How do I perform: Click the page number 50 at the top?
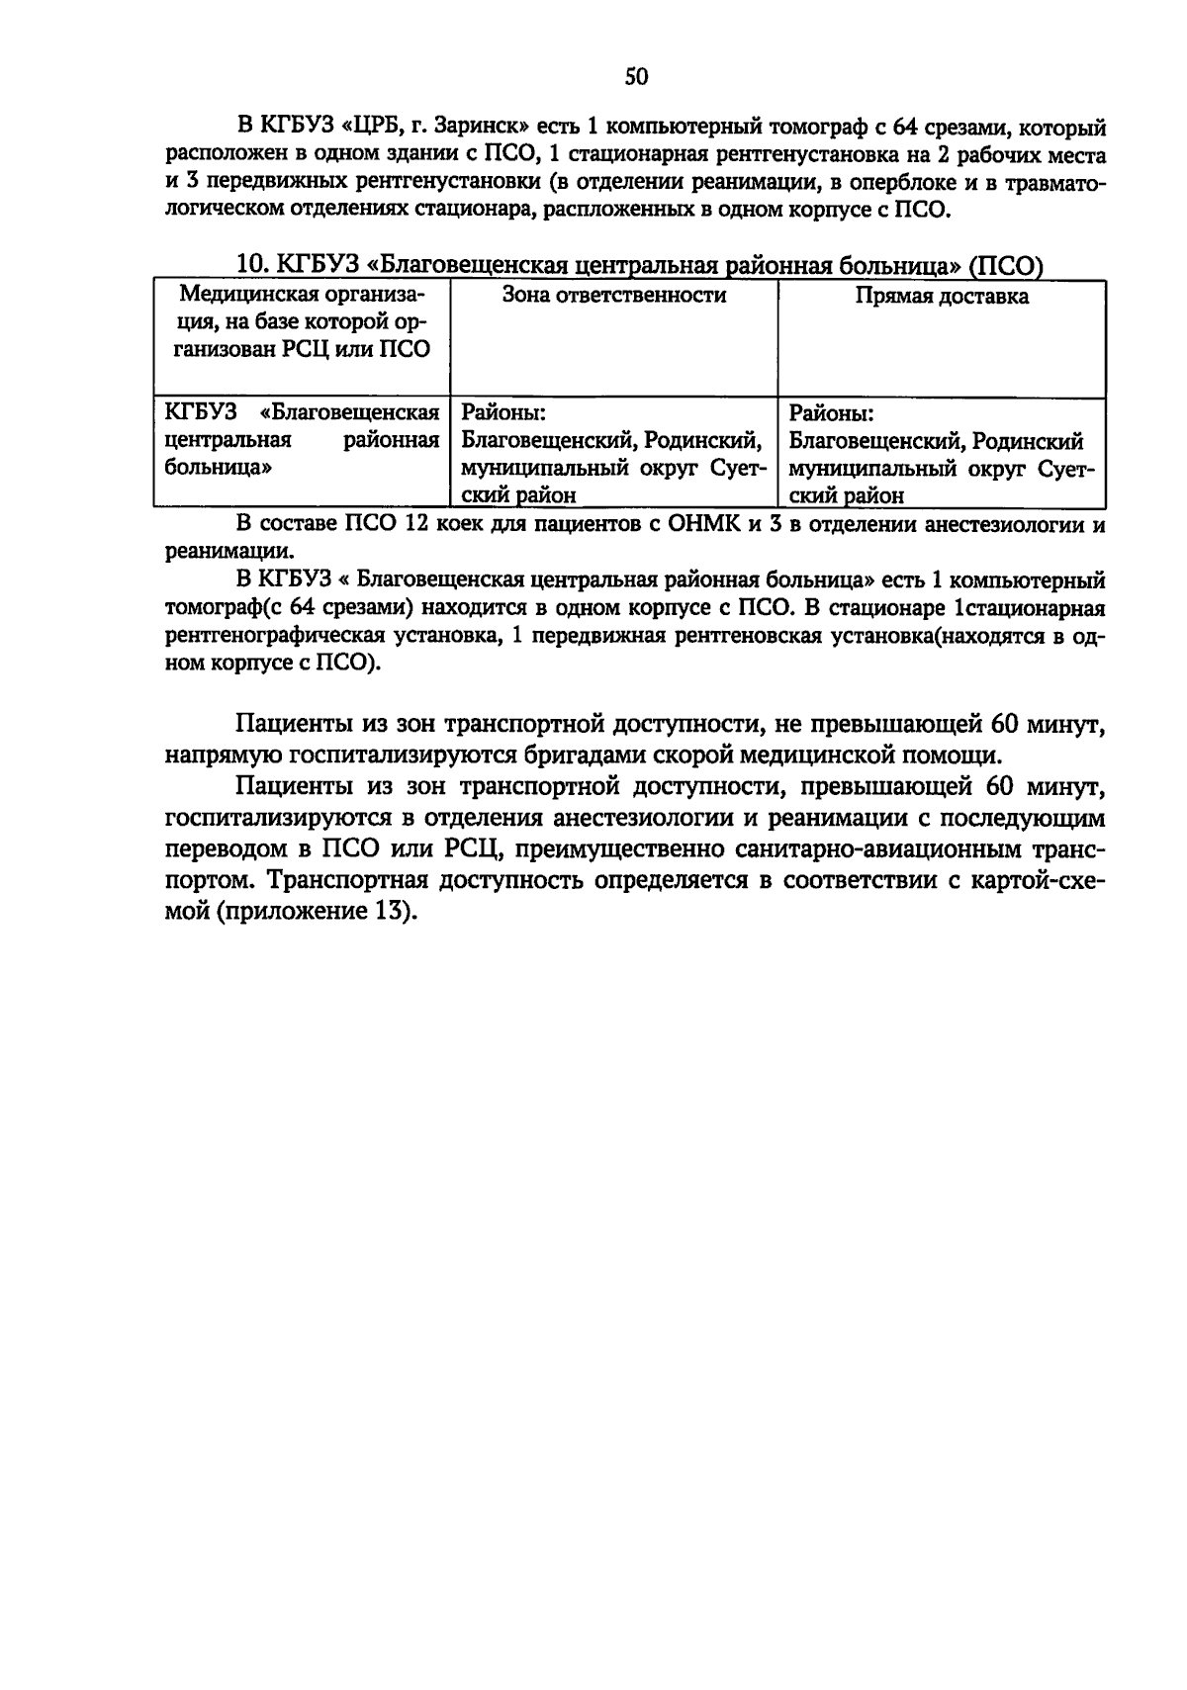[x=635, y=77]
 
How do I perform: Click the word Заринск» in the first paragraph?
[x=482, y=128]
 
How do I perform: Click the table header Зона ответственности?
[x=613, y=296]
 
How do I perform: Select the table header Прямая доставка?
[x=941, y=297]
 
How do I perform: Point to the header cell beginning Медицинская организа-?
[x=301, y=296]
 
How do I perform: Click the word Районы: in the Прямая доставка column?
[x=831, y=412]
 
